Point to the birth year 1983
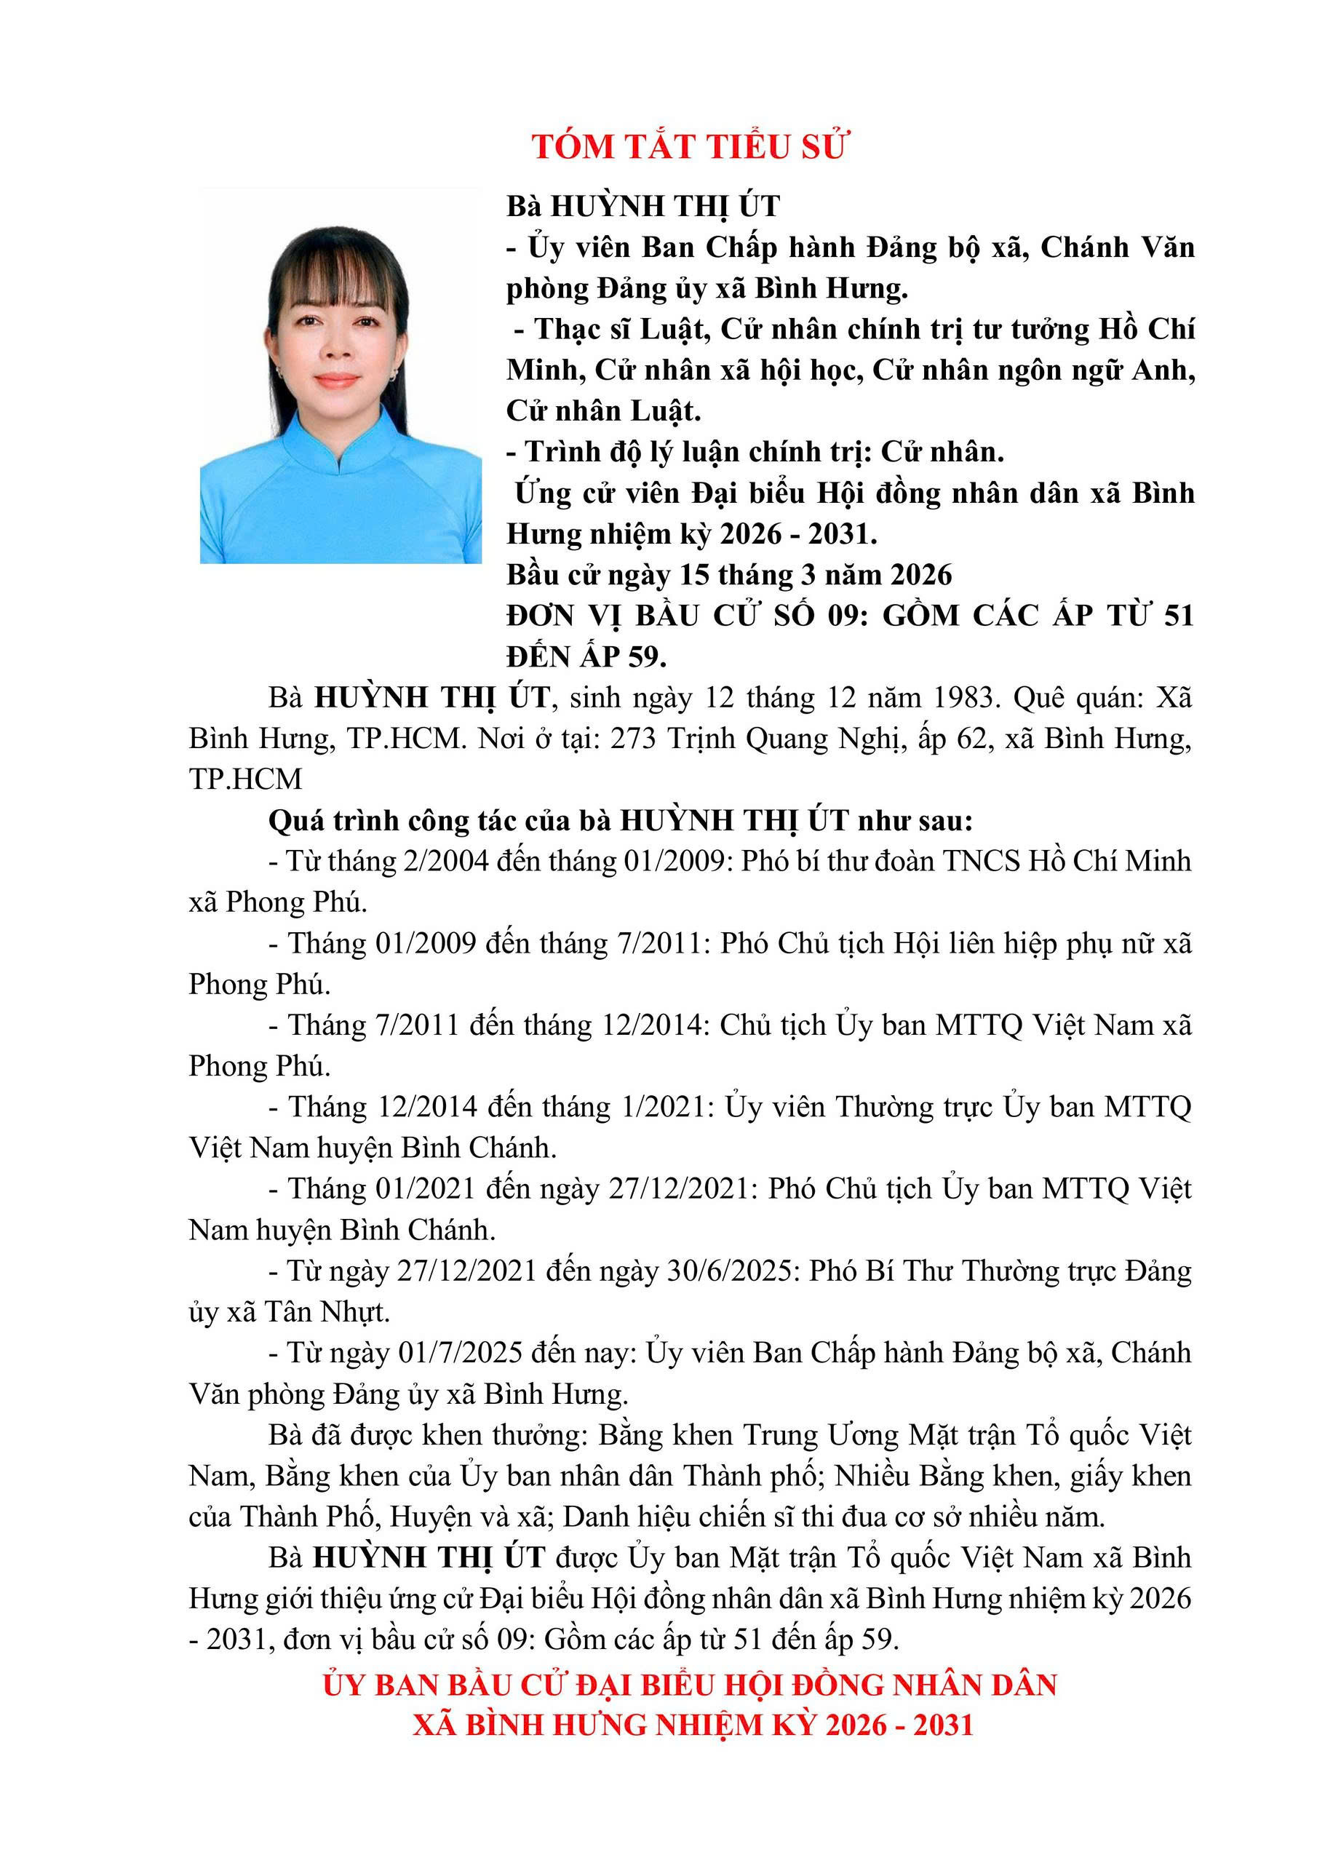[966, 697]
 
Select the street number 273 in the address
[632, 739]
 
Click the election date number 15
[695, 574]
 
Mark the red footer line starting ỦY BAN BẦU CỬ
[690, 1685]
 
